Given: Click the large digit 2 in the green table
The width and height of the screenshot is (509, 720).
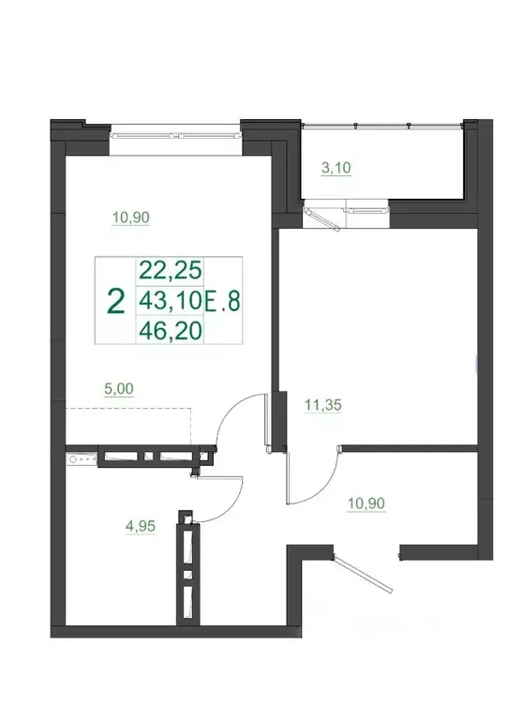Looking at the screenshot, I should (116, 301).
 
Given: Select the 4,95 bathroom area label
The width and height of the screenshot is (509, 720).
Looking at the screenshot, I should (139, 526).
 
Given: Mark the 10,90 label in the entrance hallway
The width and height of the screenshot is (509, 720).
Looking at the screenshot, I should (367, 503).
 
